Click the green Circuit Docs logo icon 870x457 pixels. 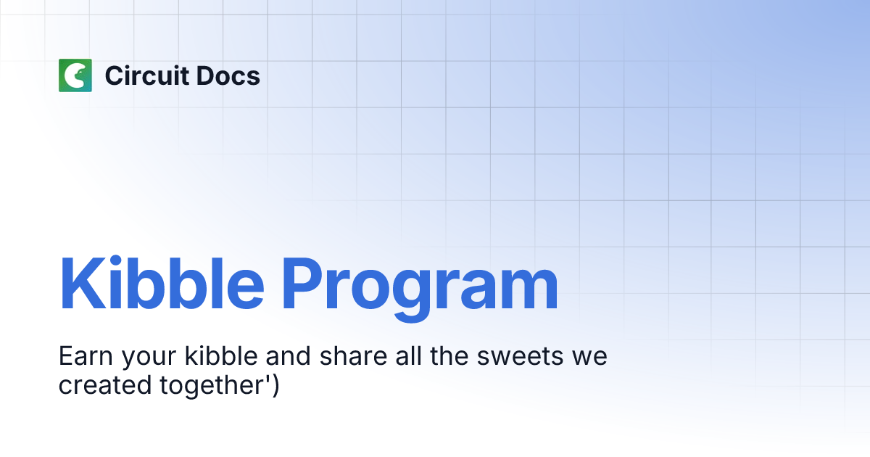pos(75,75)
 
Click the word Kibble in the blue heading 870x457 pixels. pos(161,283)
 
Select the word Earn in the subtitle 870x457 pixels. pos(86,358)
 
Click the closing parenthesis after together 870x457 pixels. pos(275,385)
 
